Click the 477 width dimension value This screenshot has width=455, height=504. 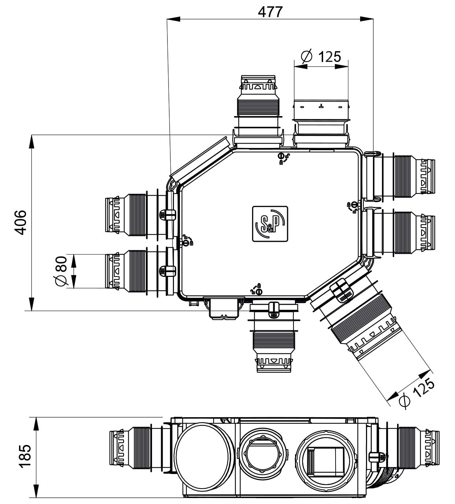tap(270, 12)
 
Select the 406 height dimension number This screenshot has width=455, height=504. tap(21, 222)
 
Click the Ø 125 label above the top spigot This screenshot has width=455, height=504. tap(321, 57)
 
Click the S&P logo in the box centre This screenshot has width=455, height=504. tap(270, 223)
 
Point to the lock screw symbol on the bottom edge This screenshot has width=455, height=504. tap(258, 290)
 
